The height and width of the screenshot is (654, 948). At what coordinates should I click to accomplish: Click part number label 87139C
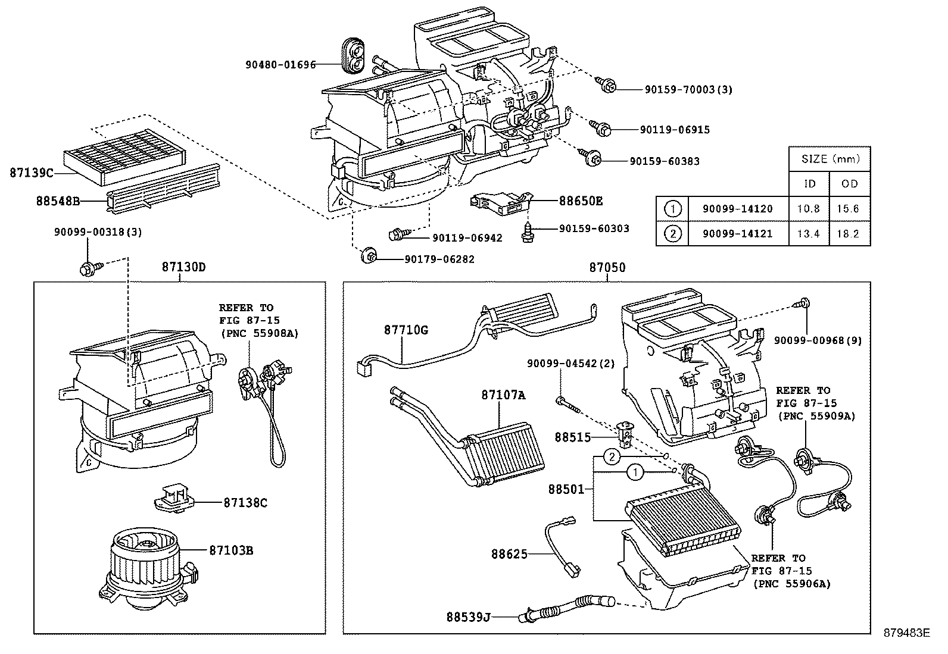pyautogui.click(x=31, y=173)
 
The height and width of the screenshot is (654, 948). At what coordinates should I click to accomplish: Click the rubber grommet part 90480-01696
pyautogui.click(x=354, y=55)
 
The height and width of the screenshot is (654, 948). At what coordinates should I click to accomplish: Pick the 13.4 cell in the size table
pyautogui.click(x=809, y=233)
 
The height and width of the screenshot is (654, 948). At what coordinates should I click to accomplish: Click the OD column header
pyautogui.click(x=850, y=183)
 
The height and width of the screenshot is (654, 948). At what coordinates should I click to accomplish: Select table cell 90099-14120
pyautogui.click(x=737, y=209)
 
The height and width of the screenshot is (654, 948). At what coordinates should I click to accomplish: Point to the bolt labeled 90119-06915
pyautogui.click(x=600, y=127)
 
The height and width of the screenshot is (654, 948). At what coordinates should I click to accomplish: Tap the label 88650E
pyautogui.click(x=580, y=201)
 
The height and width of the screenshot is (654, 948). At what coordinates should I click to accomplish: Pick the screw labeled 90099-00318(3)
pyautogui.click(x=89, y=269)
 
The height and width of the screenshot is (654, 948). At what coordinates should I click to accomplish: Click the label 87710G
pyautogui.click(x=406, y=329)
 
